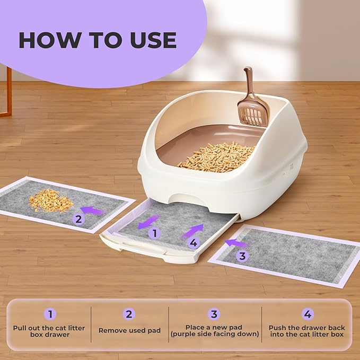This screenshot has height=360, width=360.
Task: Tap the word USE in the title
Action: click(153, 40)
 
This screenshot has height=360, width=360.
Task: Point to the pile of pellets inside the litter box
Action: click(216, 157)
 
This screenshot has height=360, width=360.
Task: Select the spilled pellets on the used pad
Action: click(51, 200)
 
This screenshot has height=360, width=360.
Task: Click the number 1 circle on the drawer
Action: click(154, 233)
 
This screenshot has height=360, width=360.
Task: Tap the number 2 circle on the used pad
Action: click(78, 219)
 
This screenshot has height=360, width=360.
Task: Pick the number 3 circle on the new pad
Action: click(242, 256)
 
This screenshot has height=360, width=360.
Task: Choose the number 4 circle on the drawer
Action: click(194, 242)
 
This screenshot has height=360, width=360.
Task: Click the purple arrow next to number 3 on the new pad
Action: click(236, 243)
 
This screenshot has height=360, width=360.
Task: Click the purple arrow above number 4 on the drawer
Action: click(193, 231)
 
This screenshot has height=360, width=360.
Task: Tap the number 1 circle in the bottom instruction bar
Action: click(50, 314)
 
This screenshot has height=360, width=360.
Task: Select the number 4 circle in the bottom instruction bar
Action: click(308, 314)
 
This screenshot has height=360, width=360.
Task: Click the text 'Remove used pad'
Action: click(129, 330)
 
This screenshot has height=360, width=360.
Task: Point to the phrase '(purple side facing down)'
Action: click(215, 334)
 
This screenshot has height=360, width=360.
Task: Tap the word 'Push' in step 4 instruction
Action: click(277, 328)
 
